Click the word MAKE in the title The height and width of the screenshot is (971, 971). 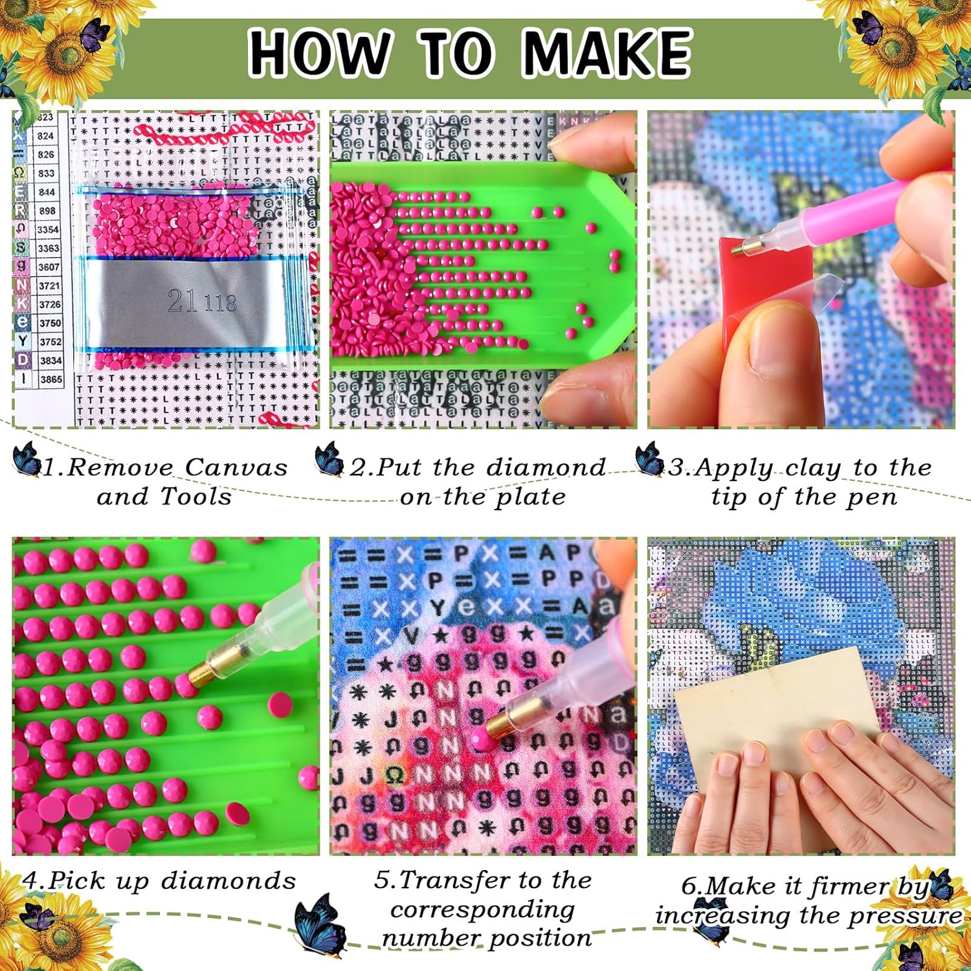[x=607, y=53]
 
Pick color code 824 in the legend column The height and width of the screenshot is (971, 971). [x=45, y=136]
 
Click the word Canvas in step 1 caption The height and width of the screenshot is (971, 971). [x=236, y=467]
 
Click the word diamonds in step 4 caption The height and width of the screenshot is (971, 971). [x=228, y=881]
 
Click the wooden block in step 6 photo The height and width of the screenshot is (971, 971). [x=777, y=706]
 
